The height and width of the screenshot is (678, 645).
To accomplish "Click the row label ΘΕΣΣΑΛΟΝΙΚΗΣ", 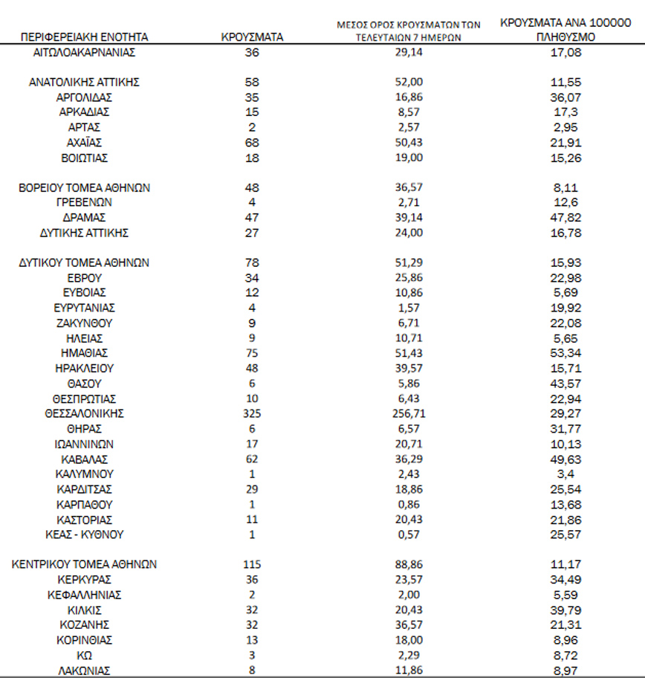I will [84, 413].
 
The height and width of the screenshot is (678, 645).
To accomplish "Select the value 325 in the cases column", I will [252, 413].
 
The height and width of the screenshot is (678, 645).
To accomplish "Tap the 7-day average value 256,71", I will [408, 413].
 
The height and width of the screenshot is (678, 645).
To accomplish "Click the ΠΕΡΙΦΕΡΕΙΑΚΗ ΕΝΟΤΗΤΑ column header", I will [84, 36].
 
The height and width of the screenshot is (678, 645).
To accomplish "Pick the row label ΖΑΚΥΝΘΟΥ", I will [84, 323].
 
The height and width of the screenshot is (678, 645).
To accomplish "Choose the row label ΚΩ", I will [84, 655].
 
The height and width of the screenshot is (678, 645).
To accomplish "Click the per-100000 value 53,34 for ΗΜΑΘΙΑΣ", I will [568, 353].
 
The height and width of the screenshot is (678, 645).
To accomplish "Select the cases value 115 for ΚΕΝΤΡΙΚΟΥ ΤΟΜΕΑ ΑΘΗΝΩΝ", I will [252, 564].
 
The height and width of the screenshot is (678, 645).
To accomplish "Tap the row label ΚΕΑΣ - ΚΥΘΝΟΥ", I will [84, 535].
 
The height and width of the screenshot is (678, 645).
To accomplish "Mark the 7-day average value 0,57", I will [408, 535].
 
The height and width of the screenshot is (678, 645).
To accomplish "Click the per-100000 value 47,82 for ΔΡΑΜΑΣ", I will [568, 217].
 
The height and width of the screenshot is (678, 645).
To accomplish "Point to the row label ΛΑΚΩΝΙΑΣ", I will [84, 671].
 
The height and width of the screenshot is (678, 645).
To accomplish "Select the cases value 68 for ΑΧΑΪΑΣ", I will [252, 142].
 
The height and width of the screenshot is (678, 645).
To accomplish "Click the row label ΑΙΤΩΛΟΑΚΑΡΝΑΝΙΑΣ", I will [84, 53].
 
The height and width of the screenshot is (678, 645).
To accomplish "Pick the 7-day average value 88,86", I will [408, 564].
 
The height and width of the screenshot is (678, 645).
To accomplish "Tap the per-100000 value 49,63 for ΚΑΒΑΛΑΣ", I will [568, 459].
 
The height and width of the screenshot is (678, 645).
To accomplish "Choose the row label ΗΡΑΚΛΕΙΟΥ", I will [84, 368].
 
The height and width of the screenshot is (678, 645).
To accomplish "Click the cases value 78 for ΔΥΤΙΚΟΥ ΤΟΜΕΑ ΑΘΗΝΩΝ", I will [252, 262].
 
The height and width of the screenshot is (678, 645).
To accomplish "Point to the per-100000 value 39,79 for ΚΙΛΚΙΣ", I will [568, 610].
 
